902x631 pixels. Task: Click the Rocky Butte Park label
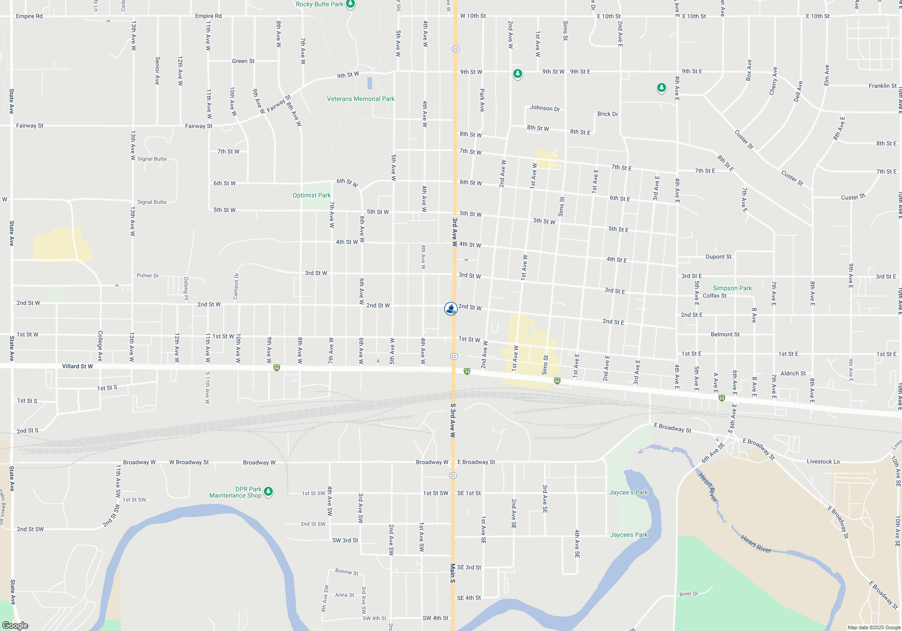pos(319,5)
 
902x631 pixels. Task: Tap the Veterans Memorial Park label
pos(360,99)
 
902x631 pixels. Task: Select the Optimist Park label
pos(311,196)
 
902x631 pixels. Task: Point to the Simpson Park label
pos(732,288)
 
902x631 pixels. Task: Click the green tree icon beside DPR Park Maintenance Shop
pos(268,491)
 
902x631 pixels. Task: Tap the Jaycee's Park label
pos(628,493)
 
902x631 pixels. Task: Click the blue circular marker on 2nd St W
pos(451,309)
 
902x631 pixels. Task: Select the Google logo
pos(15,625)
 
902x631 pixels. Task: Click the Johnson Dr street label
pos(545,108)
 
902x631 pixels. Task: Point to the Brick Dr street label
pos(607,114)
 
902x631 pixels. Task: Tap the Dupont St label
pos(718,257)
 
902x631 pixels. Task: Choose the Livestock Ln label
pos(823,462)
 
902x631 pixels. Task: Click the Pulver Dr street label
pos(147,275)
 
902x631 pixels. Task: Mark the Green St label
pos(243,61)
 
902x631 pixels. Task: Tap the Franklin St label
pos(882,86)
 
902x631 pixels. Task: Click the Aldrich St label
pos(793,374)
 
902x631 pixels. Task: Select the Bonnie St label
pos(346,572)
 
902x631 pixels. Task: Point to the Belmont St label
pos(725,334)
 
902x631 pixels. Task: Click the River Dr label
pos(689,594)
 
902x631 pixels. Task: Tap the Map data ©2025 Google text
pos(874,627)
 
